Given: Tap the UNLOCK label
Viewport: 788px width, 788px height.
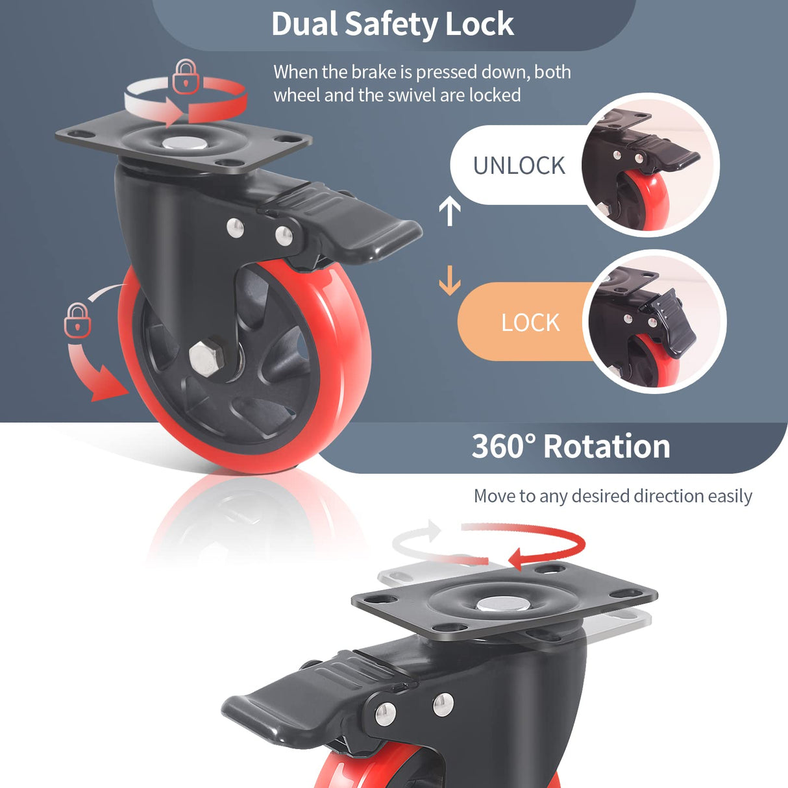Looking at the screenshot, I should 519,166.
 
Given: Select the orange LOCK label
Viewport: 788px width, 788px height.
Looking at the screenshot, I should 530,323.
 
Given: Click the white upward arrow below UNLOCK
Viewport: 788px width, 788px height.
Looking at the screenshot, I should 450,211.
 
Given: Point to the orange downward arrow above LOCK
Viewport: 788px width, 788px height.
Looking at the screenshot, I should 450,280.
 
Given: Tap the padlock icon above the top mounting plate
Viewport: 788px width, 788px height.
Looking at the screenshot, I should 186,77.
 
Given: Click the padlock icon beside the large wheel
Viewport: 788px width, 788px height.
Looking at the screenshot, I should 77,320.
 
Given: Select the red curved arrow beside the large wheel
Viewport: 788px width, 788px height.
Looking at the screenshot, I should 97,376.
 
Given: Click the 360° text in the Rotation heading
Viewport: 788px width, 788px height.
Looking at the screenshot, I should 504,447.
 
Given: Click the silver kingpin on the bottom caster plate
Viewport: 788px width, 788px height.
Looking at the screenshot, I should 502,605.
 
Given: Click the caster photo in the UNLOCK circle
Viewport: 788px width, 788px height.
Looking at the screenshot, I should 649,166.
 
